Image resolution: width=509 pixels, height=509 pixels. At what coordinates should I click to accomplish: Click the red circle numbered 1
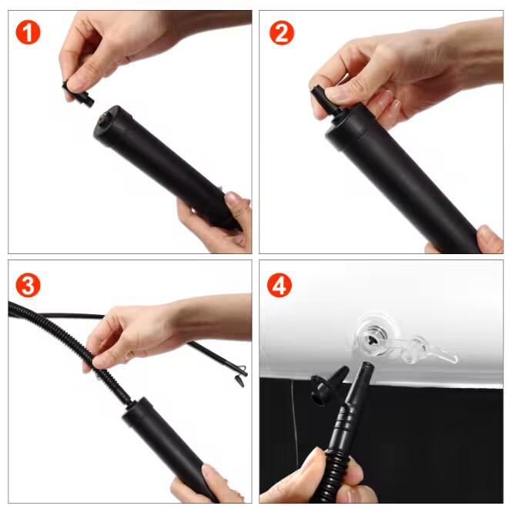pos(28,32)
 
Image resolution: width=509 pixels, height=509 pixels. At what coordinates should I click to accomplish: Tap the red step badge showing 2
pos(281,32)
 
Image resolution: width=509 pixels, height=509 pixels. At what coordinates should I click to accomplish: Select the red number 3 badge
pos(28,285)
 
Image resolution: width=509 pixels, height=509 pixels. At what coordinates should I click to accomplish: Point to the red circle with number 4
pos(281,285)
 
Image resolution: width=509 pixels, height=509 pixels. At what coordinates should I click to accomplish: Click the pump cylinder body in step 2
pos(400,185)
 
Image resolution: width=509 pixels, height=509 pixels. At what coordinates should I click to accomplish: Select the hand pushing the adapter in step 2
pos(385,69)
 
